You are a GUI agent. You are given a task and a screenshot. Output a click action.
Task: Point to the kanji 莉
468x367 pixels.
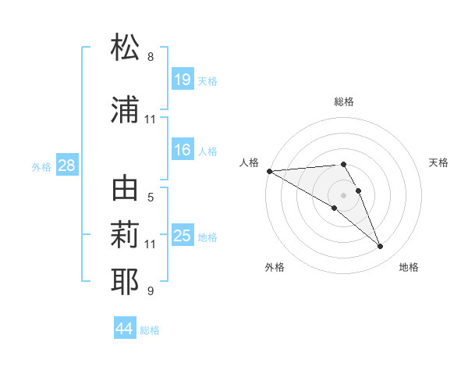click(x=126, y=233)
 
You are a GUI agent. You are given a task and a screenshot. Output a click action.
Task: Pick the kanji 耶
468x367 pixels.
click(x=126, y=280)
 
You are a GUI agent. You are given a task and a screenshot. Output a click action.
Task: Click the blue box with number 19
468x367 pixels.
click(x=183, y=80)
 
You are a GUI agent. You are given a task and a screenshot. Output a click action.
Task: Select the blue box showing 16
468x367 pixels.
click(x=183, y=150)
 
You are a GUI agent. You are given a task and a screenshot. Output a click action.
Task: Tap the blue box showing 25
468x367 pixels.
click(x=183, y=236)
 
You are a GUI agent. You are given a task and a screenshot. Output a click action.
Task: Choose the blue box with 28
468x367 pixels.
click(x=66, y=166)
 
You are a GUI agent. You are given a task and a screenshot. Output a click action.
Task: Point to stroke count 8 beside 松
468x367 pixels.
click(x=151, y=57)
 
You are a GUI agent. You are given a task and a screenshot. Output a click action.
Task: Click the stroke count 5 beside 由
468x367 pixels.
click(x=151, y=198)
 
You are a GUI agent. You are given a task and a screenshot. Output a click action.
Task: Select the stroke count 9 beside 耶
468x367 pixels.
click(x=151, y=291)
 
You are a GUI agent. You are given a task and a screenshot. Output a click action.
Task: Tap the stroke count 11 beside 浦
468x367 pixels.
click(x=151, y=119)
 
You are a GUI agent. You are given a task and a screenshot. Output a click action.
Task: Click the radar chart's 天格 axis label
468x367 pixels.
click(x=438, y=162)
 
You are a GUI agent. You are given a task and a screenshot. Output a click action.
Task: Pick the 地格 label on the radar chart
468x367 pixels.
click(x=409, y=267)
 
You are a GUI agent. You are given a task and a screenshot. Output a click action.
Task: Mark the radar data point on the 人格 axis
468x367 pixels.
click(x=269, y=171)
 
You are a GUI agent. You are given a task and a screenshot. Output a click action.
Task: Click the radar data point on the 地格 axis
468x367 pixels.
click(x=380, y=247)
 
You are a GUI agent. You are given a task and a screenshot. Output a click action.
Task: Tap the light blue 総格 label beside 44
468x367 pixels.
click(x=150, y=330)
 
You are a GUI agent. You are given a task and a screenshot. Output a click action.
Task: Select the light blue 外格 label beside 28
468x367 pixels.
click(x=41, y=166)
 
